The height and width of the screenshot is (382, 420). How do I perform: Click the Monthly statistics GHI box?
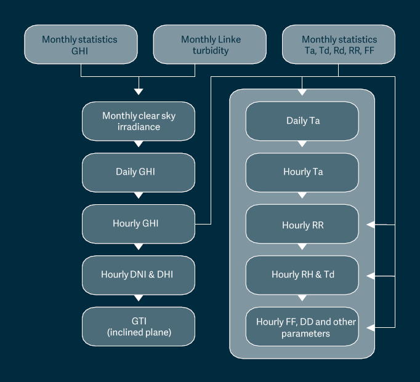pyautogui.click(x=80, y=45)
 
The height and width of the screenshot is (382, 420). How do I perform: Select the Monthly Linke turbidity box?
pyautogui.click(x=210, y=45)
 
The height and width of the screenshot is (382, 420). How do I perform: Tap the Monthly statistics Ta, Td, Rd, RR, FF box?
pyautogui.click(x=338, y=45)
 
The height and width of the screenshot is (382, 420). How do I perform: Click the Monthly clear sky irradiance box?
pyautogui.click(x=139, y=121)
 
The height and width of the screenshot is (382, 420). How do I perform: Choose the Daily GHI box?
pyautogui.click(x=139, y=172)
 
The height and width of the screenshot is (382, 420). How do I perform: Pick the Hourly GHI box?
pyautogui.click(x=139, y=223)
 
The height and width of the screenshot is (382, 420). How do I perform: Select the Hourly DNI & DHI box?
pyautogui.click(x=139, y=274)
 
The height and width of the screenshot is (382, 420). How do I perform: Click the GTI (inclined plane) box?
pyautogui.click(x=139, y=327)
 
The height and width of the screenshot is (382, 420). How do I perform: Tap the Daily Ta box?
pyautogui.click(x=302, y=121)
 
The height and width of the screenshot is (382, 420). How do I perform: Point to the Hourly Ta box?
pyautogui.click(x=302, y=172)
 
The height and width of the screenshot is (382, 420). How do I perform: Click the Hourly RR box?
pyautogui.click(x=302, y=225)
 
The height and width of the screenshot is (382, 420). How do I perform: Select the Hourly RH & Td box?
pyautogui.click(x=302, y=274)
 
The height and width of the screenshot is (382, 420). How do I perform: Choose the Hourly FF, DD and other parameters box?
pyautogui.click(x=302, y=327)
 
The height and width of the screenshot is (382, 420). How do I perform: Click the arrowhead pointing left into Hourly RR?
pyautogui.click(x=371, y=225)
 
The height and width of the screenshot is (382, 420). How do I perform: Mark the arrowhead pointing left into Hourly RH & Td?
pyautogui.click(x=371, y=276)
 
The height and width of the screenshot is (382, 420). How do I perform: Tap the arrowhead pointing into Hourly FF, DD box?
pyautogui.click(x=371, y=327)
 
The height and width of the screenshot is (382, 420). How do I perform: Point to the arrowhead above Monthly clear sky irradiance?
pyautogui.click(x=139, y=91)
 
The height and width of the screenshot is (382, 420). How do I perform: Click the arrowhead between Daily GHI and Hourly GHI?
pyautogui.click(x=139, y=196)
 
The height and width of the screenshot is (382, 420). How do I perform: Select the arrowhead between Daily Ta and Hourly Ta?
pyautogui.click(x=302, y=145)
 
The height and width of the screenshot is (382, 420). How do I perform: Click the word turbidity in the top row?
pyautogui.click(x=211, y=51)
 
